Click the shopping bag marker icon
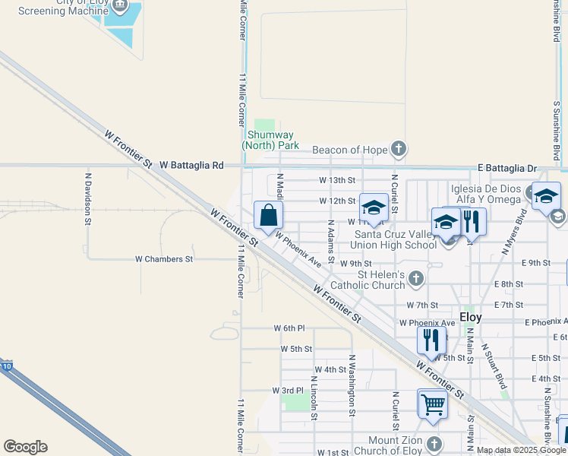tap(269, 215)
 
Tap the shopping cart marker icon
tap(432, 404)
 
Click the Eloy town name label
tap(471, 317)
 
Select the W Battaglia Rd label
tap(191, 165)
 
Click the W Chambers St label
tap(164, 259)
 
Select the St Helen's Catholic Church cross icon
tap(415, 279)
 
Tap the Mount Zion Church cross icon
tap(434, 444)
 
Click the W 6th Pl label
tap(289, 328)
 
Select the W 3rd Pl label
tap(288, 390)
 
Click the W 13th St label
tap(337, 180)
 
